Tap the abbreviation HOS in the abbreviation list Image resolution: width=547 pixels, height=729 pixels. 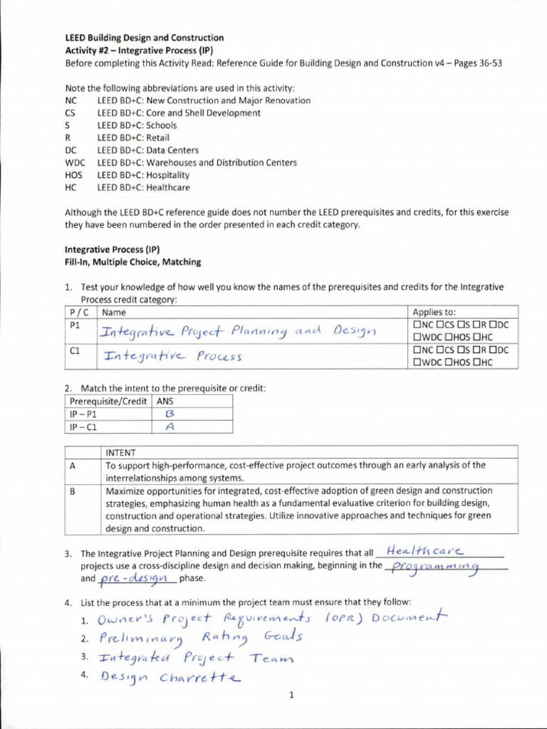(x=73, y=175)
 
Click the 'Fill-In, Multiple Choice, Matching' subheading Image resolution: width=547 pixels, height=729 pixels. (x=132, y=262)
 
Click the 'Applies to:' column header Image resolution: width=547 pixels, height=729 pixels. (x=434, y=313)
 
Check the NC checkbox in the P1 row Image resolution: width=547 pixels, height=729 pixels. (x=416, y=325)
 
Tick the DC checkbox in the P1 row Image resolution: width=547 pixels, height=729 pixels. (x=491, y=325)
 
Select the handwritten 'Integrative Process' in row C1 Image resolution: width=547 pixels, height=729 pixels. (x=172, y=356)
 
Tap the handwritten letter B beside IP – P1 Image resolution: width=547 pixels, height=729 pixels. (x=170, y=414)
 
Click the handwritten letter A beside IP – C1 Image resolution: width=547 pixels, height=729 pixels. (x=170, y=427)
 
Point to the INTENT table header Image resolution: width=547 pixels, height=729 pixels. (x=122, y=452)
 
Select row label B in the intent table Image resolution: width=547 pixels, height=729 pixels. (x=72, y=491)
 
